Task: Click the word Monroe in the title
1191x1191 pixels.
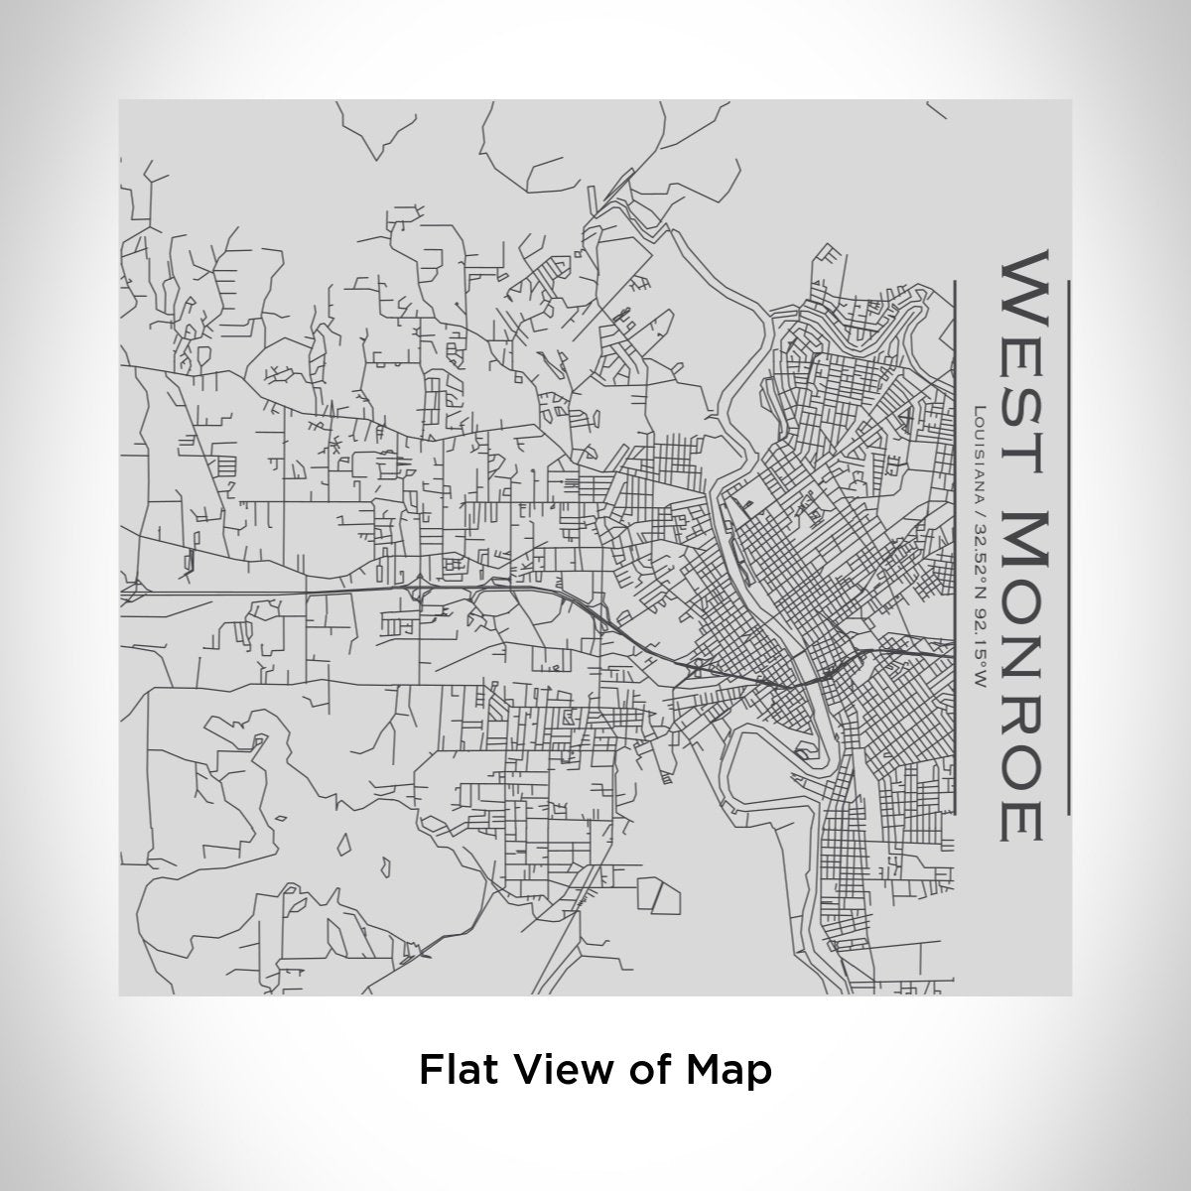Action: pyautogui.click(x=1018, y=676)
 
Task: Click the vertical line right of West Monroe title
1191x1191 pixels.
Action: pyautogui.click(x=1068, y=546)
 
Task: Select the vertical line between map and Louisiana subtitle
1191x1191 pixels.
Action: pyautogui.click(x=954, y=546)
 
